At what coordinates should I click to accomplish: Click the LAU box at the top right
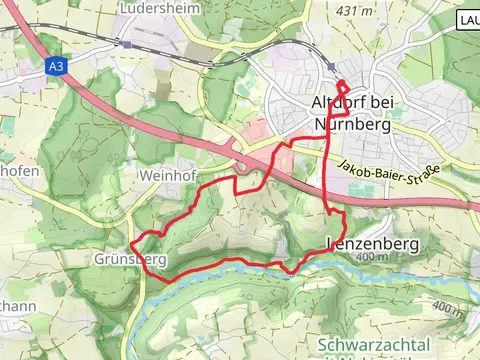(x=468, y=20)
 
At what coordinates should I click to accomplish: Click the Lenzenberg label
(x=369, y=243)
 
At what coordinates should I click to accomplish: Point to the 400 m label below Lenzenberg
(x=369, y=258)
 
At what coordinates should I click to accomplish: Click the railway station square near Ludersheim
(x=126, y=44)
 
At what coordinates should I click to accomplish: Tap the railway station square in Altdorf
(x=331, y=68)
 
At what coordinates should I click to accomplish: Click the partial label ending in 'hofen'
(x=20, y=171)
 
